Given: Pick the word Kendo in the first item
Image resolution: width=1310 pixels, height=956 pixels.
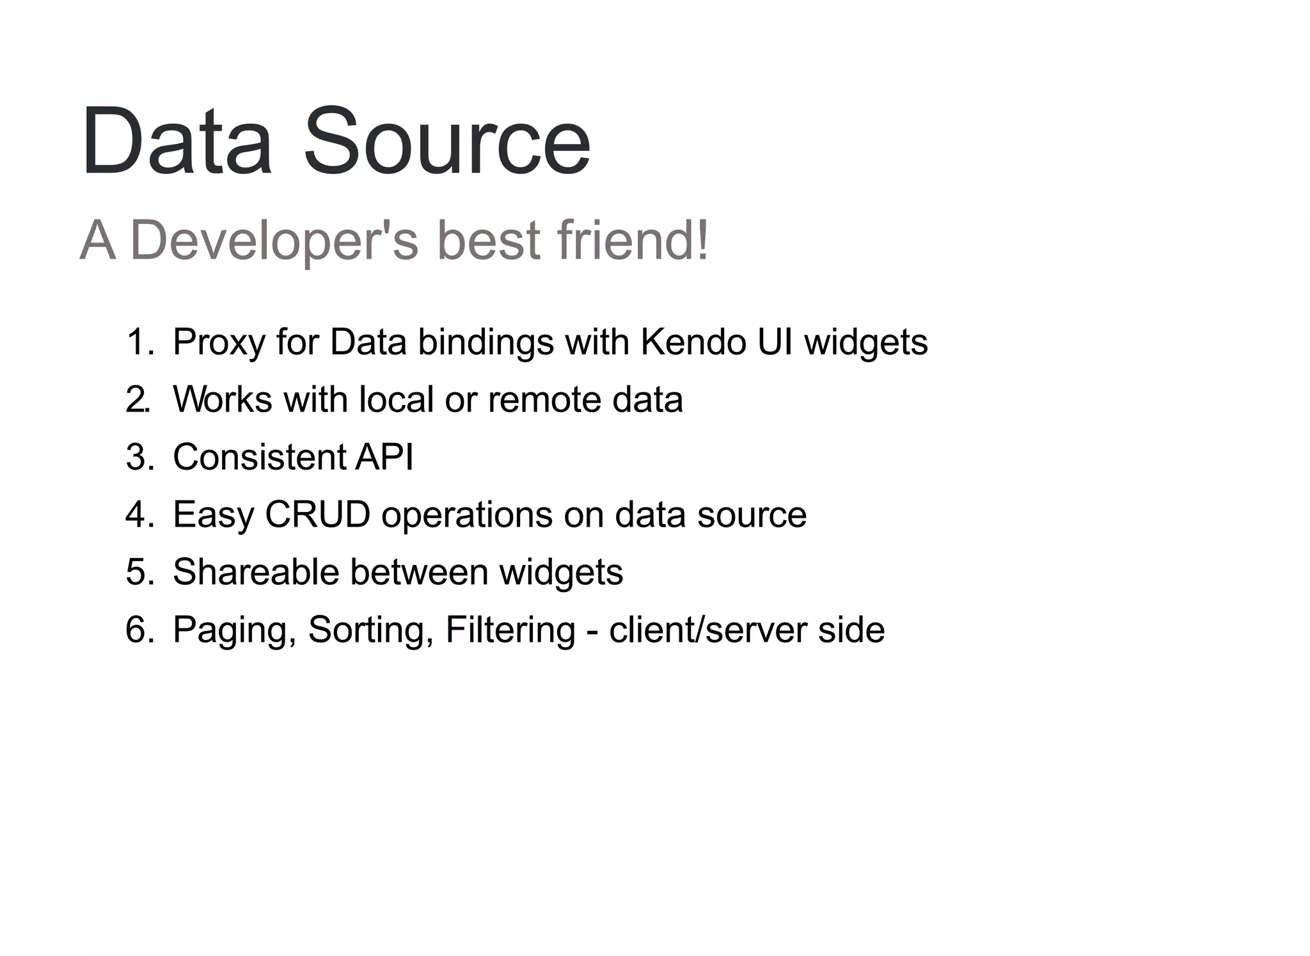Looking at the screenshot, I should click(693, 342).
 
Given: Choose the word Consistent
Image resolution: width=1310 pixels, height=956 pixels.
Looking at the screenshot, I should click(259, 457).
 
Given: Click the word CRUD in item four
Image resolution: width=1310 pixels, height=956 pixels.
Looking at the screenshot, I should click(317, 514).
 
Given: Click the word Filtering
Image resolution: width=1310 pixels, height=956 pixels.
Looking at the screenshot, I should click(510, 631).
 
